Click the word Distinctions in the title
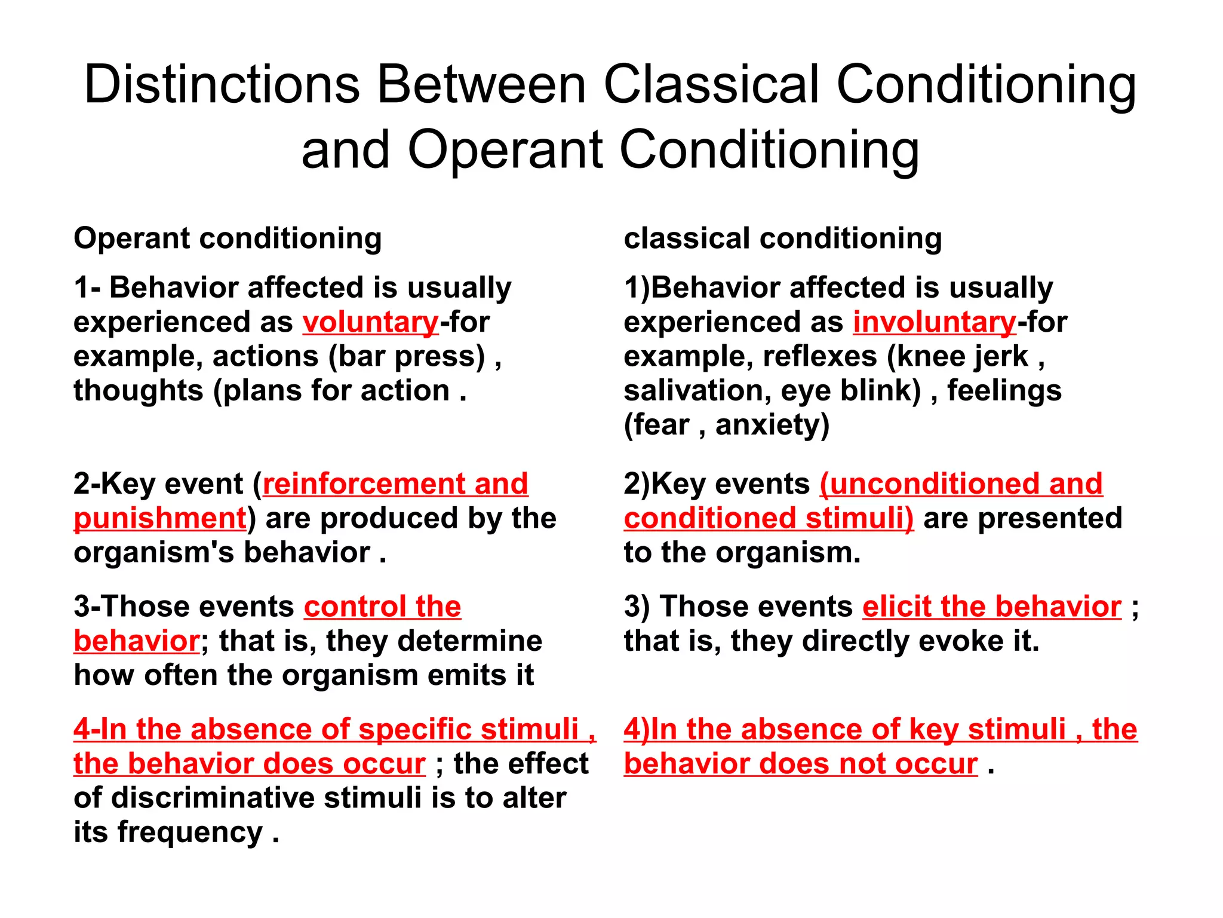click(222, 85)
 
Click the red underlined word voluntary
click(371, 323)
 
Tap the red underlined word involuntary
click(935, 323)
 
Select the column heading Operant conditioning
click(228, 238)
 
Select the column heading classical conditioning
click(783, 238)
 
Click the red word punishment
click(160, 518)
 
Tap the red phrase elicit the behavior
click(992, 607)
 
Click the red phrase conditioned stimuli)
click(769, 518)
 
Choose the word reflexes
click(820, 357)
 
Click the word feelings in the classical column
click(1004, 391)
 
